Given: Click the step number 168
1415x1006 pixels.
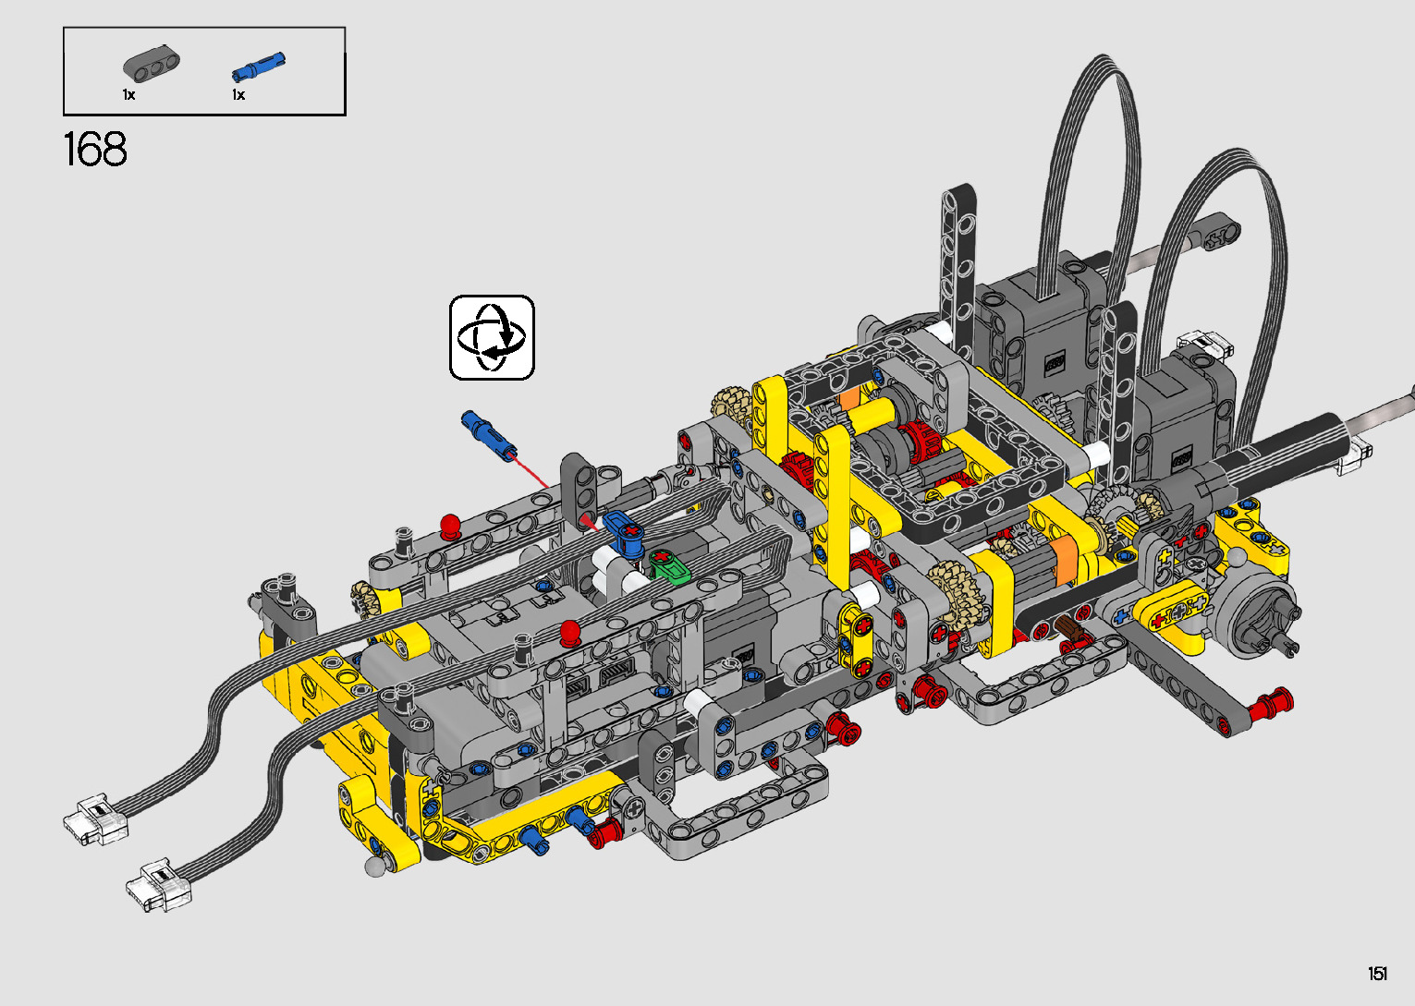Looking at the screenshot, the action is pyautogui.click(x=95, y=150).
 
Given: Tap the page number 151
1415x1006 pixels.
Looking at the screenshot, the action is pyautogui.click(x=1378, y=973).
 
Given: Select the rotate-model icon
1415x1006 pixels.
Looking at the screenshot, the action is pyautogui.click(x=492, y=337).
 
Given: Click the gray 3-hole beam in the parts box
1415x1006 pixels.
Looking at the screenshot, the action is pyautogui.click(x=151, y=65).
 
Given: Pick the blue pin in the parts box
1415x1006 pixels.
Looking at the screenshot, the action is pyautogui.click(x=259, y=67).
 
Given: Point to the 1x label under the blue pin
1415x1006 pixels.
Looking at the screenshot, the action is pyautogui.click(x=238, y=95).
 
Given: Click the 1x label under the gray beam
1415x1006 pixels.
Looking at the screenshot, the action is pyautogui.click(x=128, y=95).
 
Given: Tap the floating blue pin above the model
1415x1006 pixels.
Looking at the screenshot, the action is pyautogui.click(x=489, y=436).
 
